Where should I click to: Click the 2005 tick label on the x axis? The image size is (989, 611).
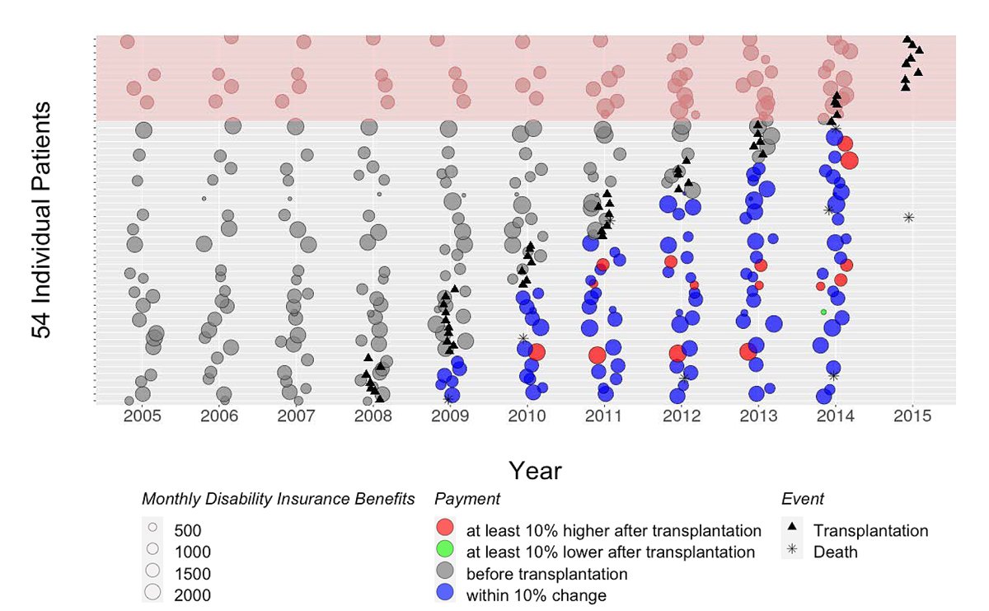[x=143, y=416]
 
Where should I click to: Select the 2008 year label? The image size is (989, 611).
[x=373, y=416]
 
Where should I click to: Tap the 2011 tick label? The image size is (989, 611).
[x=604, y=416]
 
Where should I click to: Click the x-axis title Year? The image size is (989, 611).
[x=535, y=471]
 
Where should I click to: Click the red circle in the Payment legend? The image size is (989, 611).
[x=445, y=530]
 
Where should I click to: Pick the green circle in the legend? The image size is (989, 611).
[x=445, y=552]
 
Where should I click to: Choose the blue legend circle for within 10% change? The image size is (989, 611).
[x=445, y=595]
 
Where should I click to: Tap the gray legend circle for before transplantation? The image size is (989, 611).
[x=445, y=574]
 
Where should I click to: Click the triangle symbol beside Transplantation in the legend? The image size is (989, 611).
[x=792, y=530]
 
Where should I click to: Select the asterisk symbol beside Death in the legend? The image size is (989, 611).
[x=792, y=552]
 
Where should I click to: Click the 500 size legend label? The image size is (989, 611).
[x=187, y=530]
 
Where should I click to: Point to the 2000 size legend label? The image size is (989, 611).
[x=191, y=595]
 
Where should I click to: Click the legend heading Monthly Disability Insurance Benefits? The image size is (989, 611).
[x=279, y=499]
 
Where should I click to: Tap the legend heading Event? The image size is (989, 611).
[x=803, y=499]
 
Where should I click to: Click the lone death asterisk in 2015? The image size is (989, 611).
[x=908, y=218]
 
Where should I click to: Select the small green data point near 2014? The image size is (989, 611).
[x=823, y=312]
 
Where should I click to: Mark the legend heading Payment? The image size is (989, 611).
[x=467, y=499]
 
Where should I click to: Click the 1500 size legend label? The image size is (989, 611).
[x=191, y=574]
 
